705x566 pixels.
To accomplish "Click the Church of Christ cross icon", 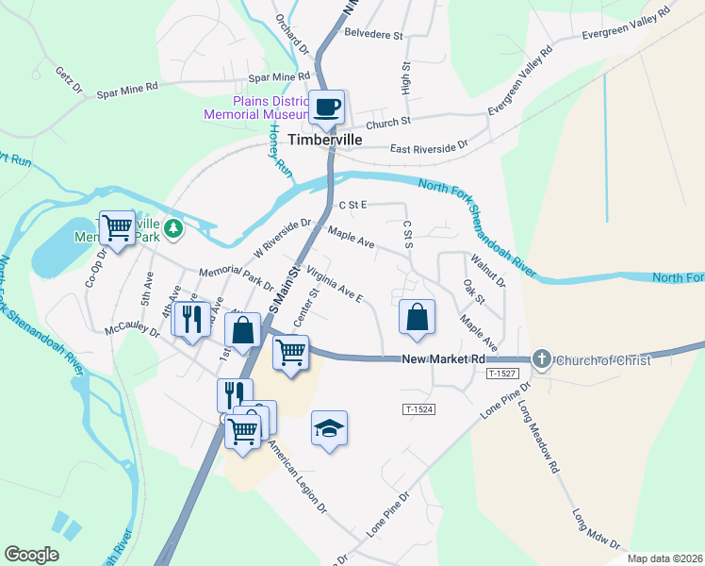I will click(542, 358).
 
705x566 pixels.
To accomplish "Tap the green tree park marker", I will click(173, 227).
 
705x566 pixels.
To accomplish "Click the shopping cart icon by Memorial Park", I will click(118, 226).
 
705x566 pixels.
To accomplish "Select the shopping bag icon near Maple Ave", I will click(417, 317).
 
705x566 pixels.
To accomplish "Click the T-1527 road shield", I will click(503, 375).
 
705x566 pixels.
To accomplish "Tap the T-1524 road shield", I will click(420, 408).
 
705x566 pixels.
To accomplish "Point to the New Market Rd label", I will click(443, 359).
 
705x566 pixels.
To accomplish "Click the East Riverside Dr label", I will click(429, 148).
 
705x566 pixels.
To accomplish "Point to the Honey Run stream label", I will click(279, 153).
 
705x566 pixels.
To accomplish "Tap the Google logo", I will click(31, 555).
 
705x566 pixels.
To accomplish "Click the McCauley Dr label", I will click(134, 333).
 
